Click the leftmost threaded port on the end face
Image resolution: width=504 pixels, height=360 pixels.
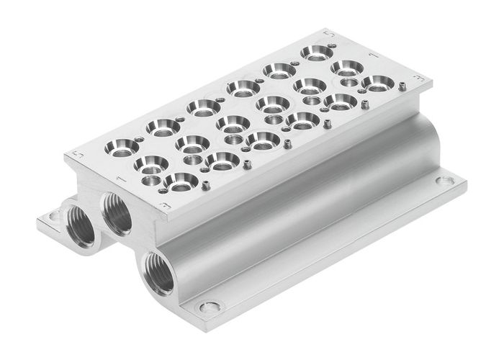[79, 225]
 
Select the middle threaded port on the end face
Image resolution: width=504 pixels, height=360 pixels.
[117, 212]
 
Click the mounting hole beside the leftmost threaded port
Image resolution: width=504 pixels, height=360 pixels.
[53, 215]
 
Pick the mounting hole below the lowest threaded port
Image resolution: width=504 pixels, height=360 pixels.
[210, 307]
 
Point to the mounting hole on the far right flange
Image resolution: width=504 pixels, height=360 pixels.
[446, 181]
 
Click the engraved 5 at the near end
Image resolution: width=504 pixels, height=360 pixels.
[80, 155]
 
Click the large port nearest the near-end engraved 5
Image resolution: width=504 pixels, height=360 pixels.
[121, 148]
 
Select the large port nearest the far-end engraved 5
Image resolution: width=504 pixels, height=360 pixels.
[315, 52]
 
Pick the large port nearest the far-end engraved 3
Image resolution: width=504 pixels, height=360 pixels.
[377, 84]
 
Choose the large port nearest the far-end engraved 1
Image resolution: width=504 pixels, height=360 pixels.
[346, 69]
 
